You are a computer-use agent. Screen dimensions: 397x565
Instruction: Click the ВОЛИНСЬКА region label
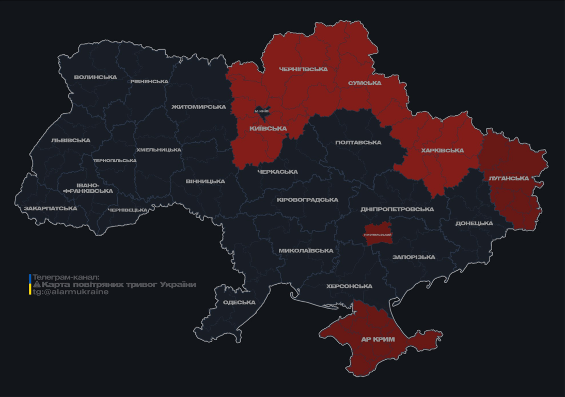click(x=96, y=78)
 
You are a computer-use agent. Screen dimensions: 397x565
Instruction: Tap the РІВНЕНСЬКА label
click(x=149, y=82)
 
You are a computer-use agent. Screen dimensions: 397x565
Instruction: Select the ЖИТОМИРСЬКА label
click(x=198, y=107)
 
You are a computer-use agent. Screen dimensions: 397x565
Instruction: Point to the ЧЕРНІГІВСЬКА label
click(x=303, y=69)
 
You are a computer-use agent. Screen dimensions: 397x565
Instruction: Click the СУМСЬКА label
click(x=365, y=83)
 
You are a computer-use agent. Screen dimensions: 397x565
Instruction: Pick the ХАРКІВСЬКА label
click(x=442, y=151)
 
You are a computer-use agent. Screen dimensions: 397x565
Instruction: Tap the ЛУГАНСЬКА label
click(x=509, y=178)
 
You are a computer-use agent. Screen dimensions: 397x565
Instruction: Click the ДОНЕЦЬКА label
click(x=474, y=224)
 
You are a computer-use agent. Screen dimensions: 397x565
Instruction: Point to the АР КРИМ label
click(x=378, y=340)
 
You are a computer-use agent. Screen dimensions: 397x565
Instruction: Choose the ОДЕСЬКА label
click(x=239, y=302)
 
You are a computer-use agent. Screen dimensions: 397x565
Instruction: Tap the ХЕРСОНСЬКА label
click(x=349, y=286)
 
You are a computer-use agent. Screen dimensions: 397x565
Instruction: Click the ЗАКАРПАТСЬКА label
click(x=50, y=209)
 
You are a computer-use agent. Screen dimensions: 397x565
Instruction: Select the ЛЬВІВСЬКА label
click(x=71, y=141)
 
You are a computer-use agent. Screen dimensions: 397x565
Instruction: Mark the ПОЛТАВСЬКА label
click(x=358, y=143)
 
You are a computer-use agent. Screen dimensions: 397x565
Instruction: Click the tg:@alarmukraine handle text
click(x=71, y=292)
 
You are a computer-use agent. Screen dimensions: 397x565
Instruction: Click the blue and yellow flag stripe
click(x=30, y=284)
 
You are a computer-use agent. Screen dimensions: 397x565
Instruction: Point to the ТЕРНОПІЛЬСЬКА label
click(x=115, y=161)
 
